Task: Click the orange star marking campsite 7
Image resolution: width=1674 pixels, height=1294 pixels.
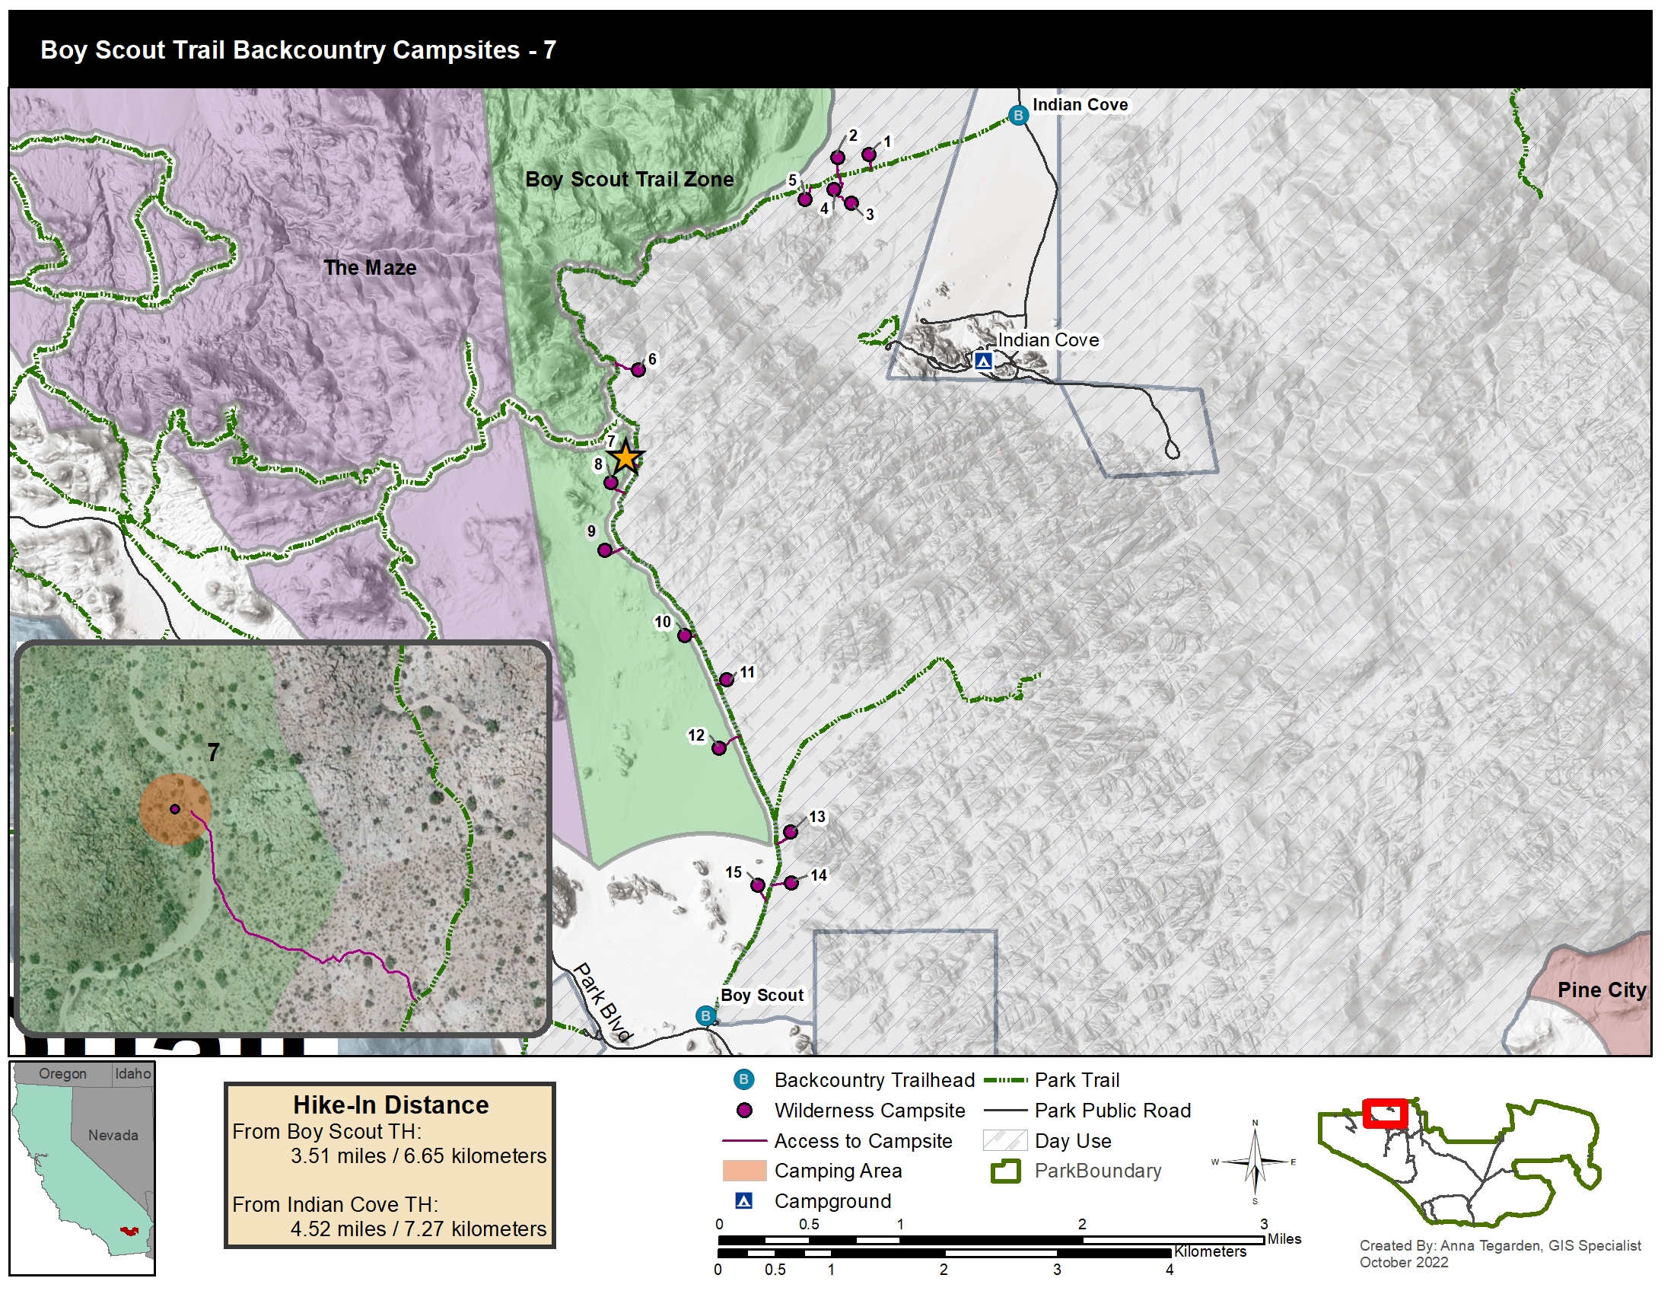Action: point(626,457)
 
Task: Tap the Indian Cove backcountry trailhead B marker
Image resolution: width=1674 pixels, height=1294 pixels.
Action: point(1018,116)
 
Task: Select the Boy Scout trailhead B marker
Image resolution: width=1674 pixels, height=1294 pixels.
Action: point(706,1016)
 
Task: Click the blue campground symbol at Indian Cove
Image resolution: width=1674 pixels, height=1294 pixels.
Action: point(983,360)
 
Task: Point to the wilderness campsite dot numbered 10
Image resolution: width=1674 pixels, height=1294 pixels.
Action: point(685,636)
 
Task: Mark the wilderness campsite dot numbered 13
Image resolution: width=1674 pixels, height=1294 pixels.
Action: point(791,833)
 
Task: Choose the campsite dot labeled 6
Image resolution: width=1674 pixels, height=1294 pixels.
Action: point(638,370)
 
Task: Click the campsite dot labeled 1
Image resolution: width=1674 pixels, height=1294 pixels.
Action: point(868,155)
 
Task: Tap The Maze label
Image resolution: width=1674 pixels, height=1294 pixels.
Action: point(371,267)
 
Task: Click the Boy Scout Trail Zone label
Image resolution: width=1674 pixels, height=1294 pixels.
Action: point(629,180)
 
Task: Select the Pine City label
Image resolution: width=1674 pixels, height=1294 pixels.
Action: point(1601,990)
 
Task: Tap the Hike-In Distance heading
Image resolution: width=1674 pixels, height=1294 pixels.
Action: point(391,1105)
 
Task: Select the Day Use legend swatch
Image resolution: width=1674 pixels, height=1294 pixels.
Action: point(1004,1141)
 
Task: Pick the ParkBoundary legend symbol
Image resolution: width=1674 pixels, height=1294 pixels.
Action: point(1004,1171)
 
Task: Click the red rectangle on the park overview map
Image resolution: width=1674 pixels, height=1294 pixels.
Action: point(1384,1114)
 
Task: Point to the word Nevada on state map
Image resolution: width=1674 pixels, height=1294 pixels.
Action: point(113,1136)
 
